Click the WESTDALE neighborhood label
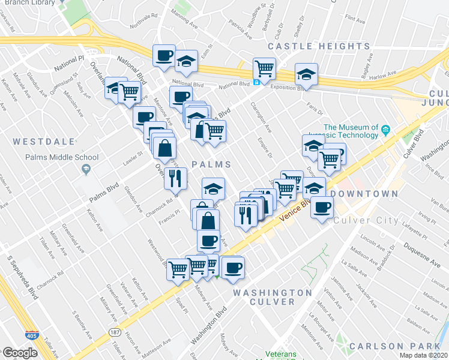44,142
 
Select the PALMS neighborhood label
211,164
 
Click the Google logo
19,352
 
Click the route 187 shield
115,331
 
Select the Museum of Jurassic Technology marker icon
387,128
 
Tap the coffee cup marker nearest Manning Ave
164,56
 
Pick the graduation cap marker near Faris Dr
307,75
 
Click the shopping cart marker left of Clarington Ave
264,67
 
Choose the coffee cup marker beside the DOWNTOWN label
322,207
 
